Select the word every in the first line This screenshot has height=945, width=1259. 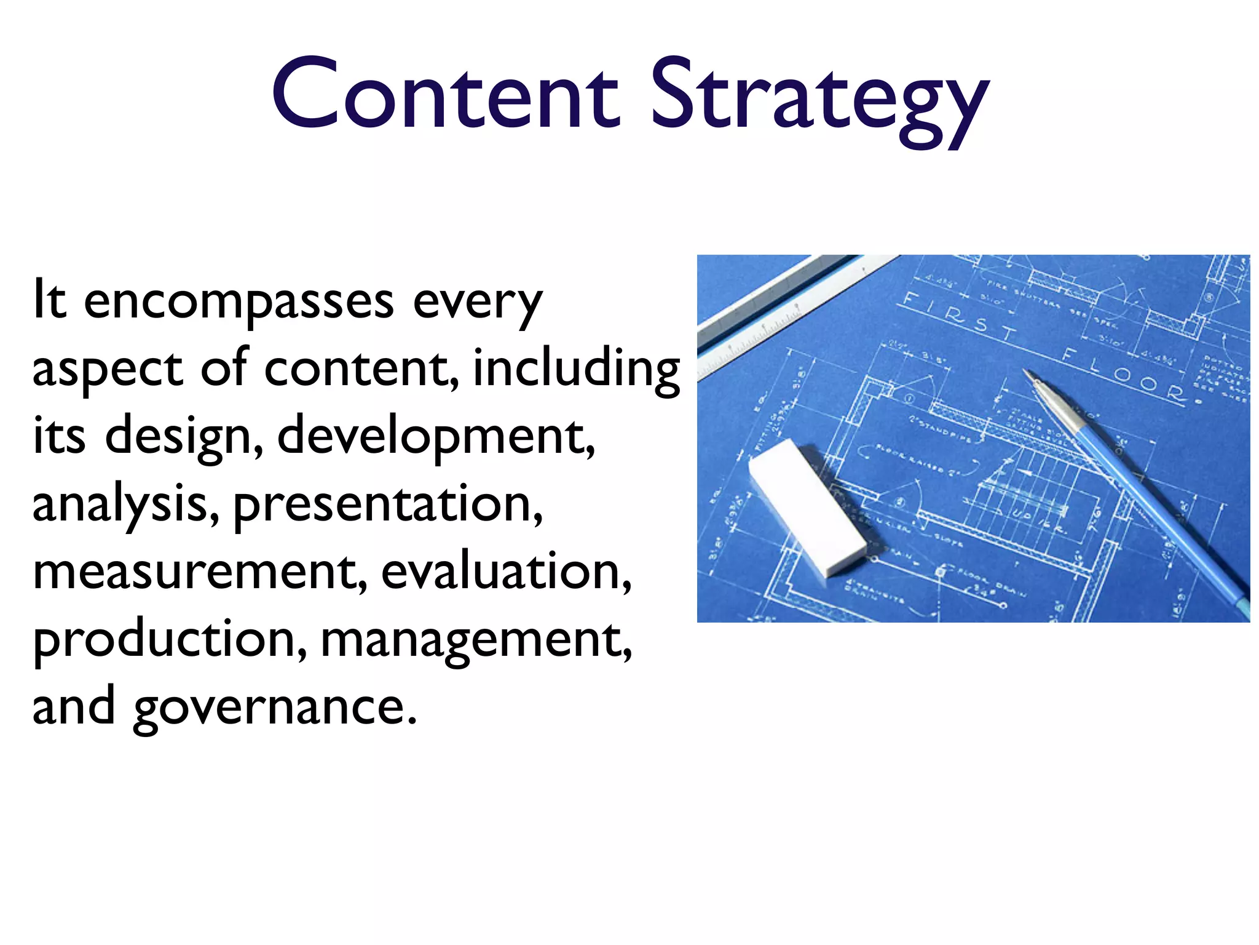(478, 303)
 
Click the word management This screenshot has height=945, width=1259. (476, 640)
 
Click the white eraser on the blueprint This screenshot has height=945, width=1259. (807, 508)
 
